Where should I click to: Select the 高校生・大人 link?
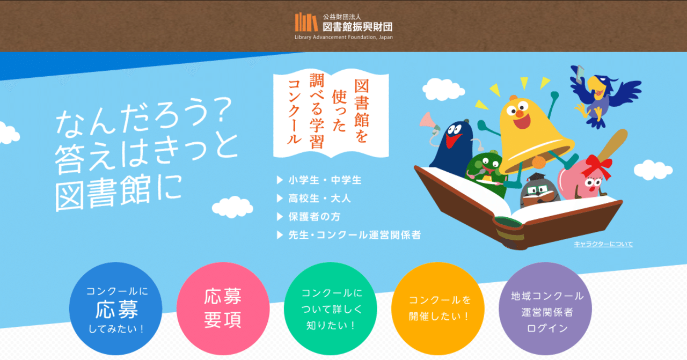319,199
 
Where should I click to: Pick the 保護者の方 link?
314,217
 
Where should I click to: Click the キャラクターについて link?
603,244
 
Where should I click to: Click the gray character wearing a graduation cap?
538,191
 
